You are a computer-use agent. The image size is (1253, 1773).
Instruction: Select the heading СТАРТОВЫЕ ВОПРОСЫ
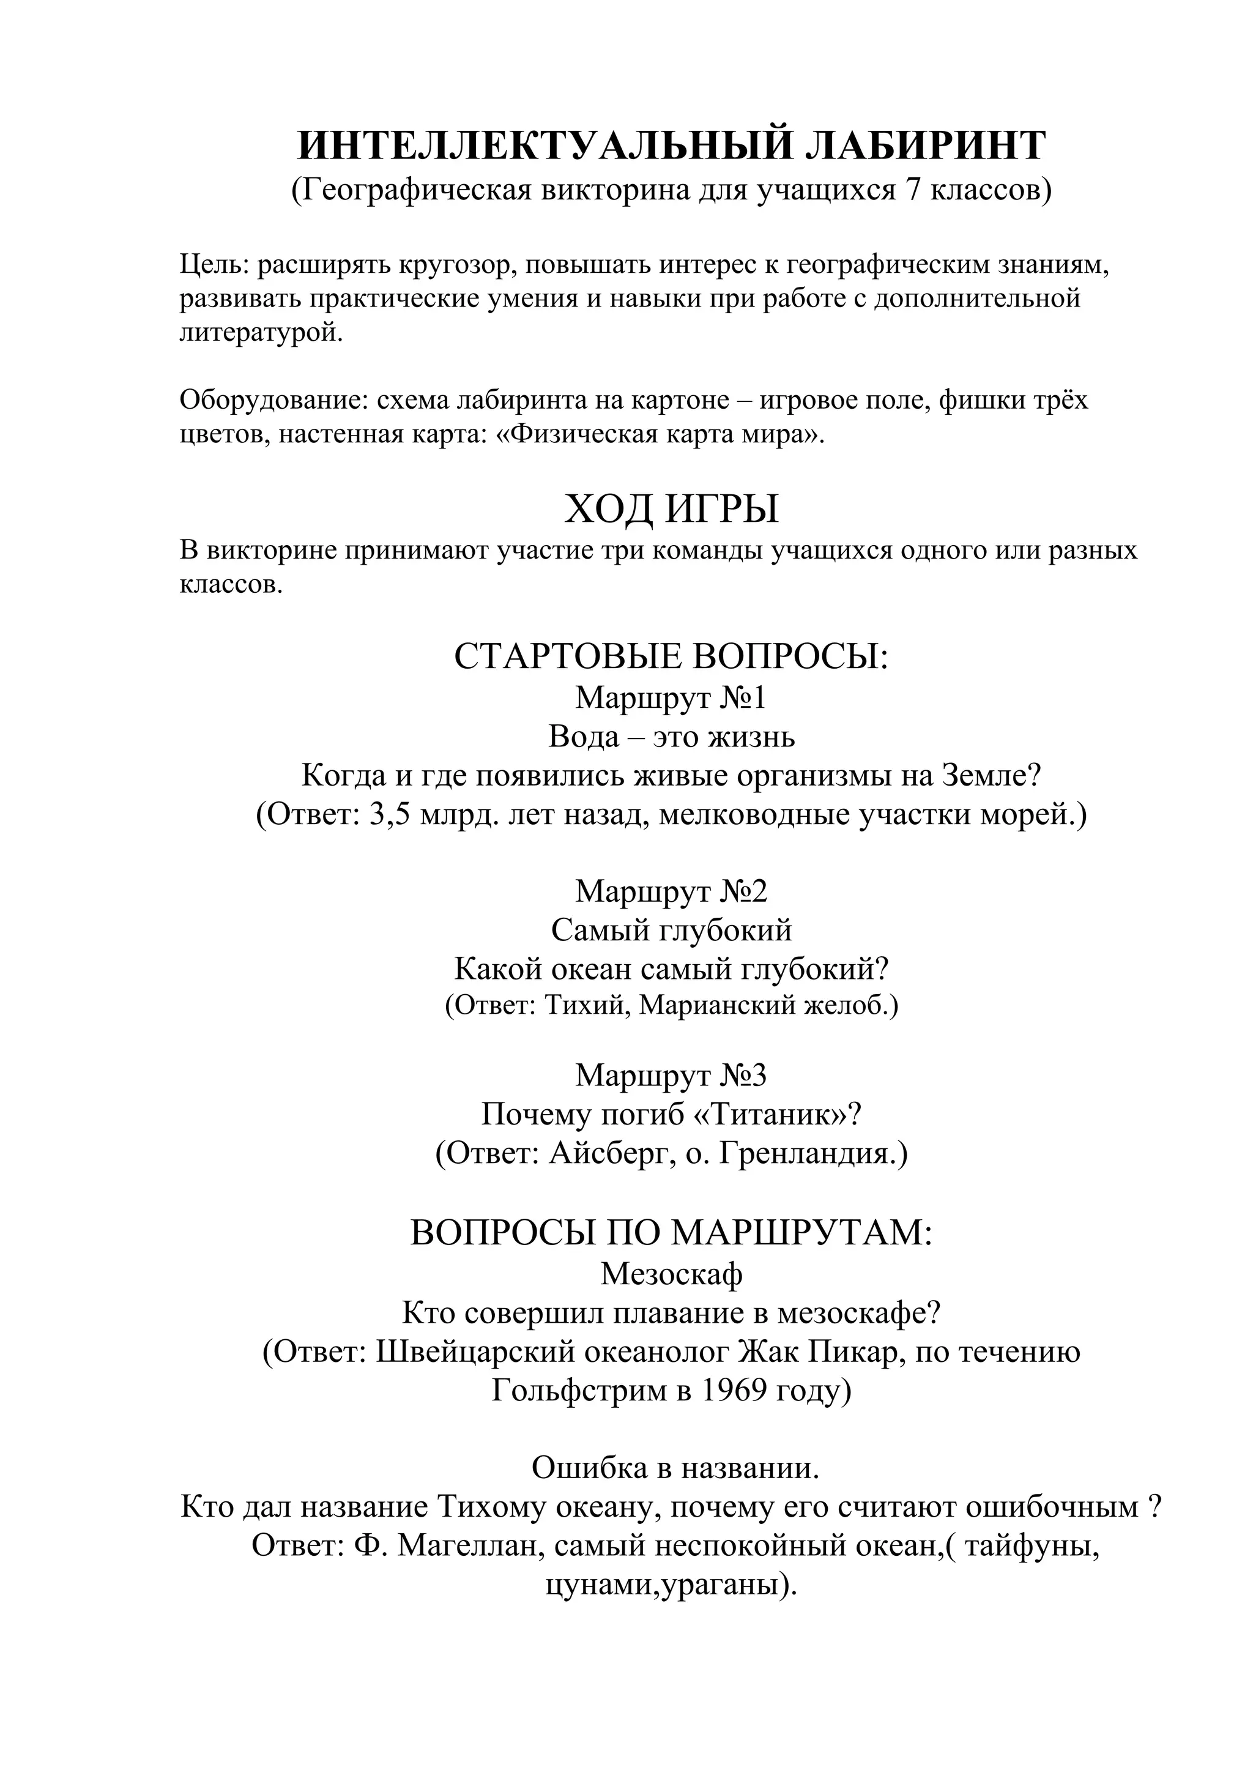[671, 656]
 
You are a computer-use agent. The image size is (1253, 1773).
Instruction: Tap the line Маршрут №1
[671, 698]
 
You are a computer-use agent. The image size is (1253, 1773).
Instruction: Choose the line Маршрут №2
[671, 891]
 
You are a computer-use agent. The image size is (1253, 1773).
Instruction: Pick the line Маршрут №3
[671, 1075]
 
